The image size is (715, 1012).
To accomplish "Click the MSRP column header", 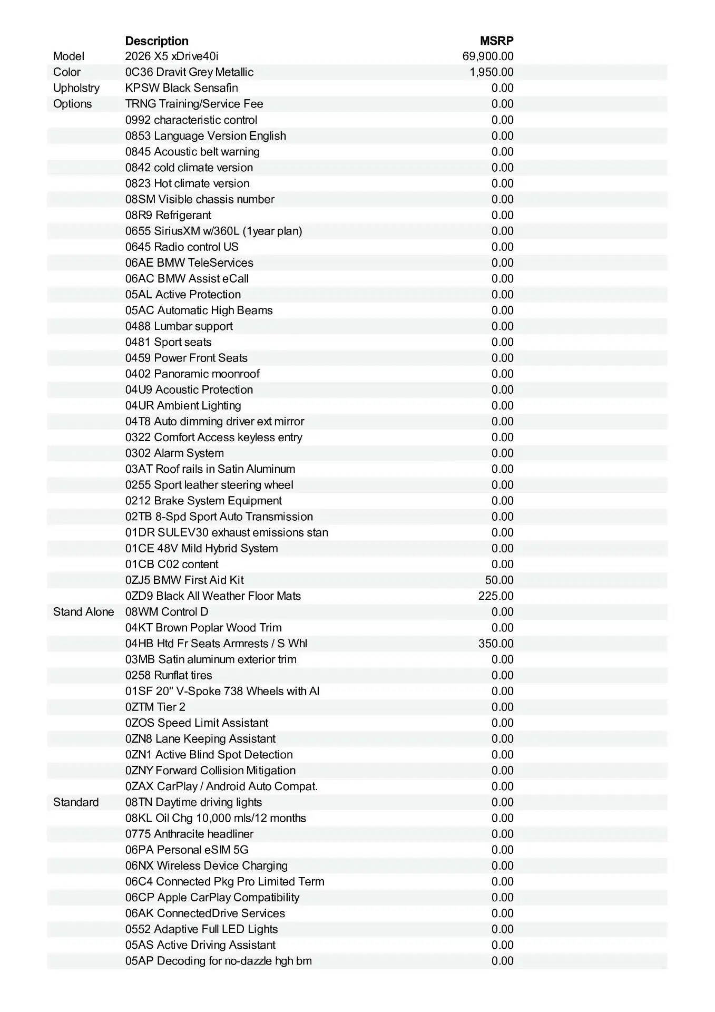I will [x=496, y=41].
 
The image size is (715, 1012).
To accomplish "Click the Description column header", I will [x=156, y=41].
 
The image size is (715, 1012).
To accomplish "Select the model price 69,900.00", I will [x=488, y=56].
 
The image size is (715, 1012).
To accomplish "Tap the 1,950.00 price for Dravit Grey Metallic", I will [x=492, y=72].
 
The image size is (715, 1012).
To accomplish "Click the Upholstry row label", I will [x=76, y=88].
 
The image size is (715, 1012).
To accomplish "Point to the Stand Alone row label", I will [x=83, y=612].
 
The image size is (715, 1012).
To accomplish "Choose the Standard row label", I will [x=76, y=802].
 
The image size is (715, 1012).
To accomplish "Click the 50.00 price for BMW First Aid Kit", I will [x=499, y=580].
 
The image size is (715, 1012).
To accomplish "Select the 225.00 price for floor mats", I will [x=496, y=596].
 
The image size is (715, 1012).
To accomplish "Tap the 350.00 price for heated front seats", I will [x=496, y=644].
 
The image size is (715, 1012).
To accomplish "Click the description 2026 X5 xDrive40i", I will [x=172, y=56].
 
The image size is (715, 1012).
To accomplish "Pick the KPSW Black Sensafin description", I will [x=181, y=88].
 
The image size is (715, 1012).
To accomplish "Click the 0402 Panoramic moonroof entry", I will [x=192, y=374].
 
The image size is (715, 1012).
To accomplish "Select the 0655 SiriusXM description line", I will [x=213, y=231].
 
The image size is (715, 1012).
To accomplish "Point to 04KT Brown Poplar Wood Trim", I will [x=203, y=628].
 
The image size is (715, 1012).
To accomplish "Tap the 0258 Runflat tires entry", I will [x=169, y=675].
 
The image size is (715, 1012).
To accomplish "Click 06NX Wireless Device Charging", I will [x=207, y=865].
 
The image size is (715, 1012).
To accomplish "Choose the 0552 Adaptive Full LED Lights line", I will [x=201, y=929].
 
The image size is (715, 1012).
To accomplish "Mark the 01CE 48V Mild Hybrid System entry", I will [x=201, y=548].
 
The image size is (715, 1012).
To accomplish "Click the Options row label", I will [x=72, y=104].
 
